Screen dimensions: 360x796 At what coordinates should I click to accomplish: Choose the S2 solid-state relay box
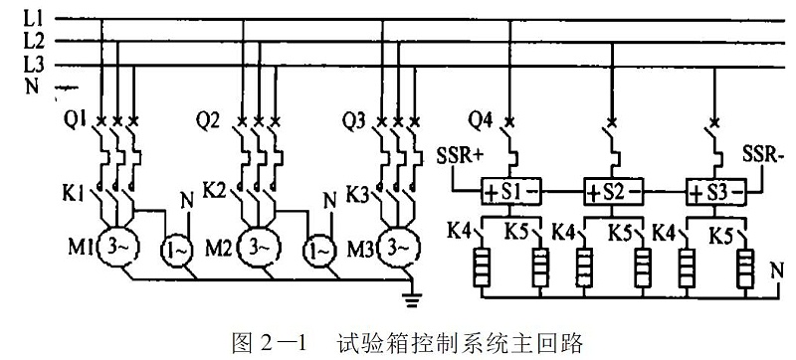(x=608, y=190)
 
